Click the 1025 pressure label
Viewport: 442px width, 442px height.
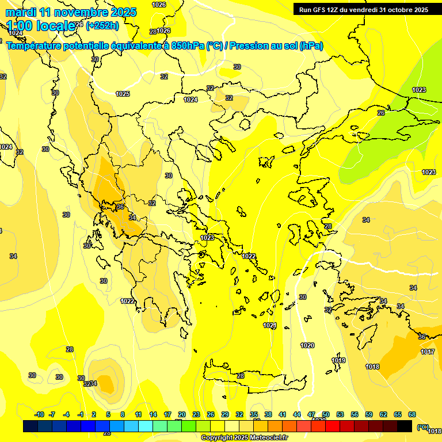click(123, 94)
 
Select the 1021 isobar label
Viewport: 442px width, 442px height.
click(270, 326)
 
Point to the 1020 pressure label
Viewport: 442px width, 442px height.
click(307, 345)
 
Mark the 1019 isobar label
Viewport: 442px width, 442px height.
click(338, 361)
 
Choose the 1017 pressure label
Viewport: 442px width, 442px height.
click(428, 352)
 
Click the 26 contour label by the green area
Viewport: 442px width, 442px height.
click(381, 113)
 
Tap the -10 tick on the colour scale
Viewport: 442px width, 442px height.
click(40, 414)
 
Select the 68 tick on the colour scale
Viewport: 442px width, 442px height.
click(412, 414)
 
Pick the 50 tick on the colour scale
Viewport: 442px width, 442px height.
click(326, 414)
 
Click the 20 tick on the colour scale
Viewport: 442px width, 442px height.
click(182, 414)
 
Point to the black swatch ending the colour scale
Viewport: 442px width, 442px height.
click(405, 426)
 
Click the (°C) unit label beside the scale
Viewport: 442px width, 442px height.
click(423, 426)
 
